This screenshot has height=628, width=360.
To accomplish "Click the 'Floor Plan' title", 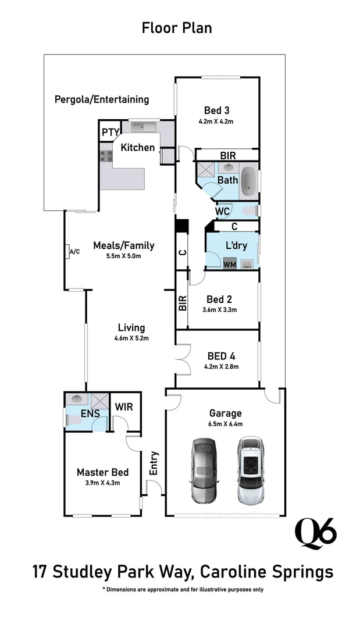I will click(x=177, y=27).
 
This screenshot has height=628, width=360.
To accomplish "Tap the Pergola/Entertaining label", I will click(x=102, y=99).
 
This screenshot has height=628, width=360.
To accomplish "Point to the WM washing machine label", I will click(x=230, y=265).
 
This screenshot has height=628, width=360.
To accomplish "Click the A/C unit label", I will click(x=74, y=252).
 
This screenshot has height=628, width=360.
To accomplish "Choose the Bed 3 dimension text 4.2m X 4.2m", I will click(x=216, y=122).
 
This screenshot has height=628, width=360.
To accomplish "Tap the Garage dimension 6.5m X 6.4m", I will click(x=226, y=424).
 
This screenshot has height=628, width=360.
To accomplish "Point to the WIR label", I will click(x=124, y=406).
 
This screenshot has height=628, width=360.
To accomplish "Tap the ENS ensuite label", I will click(x=90, y=413).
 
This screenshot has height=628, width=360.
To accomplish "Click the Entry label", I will click(x=154, y=463).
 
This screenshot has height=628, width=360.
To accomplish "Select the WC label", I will click(x=223, y=211).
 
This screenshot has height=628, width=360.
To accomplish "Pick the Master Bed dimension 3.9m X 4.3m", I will click(x=102, y=483).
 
